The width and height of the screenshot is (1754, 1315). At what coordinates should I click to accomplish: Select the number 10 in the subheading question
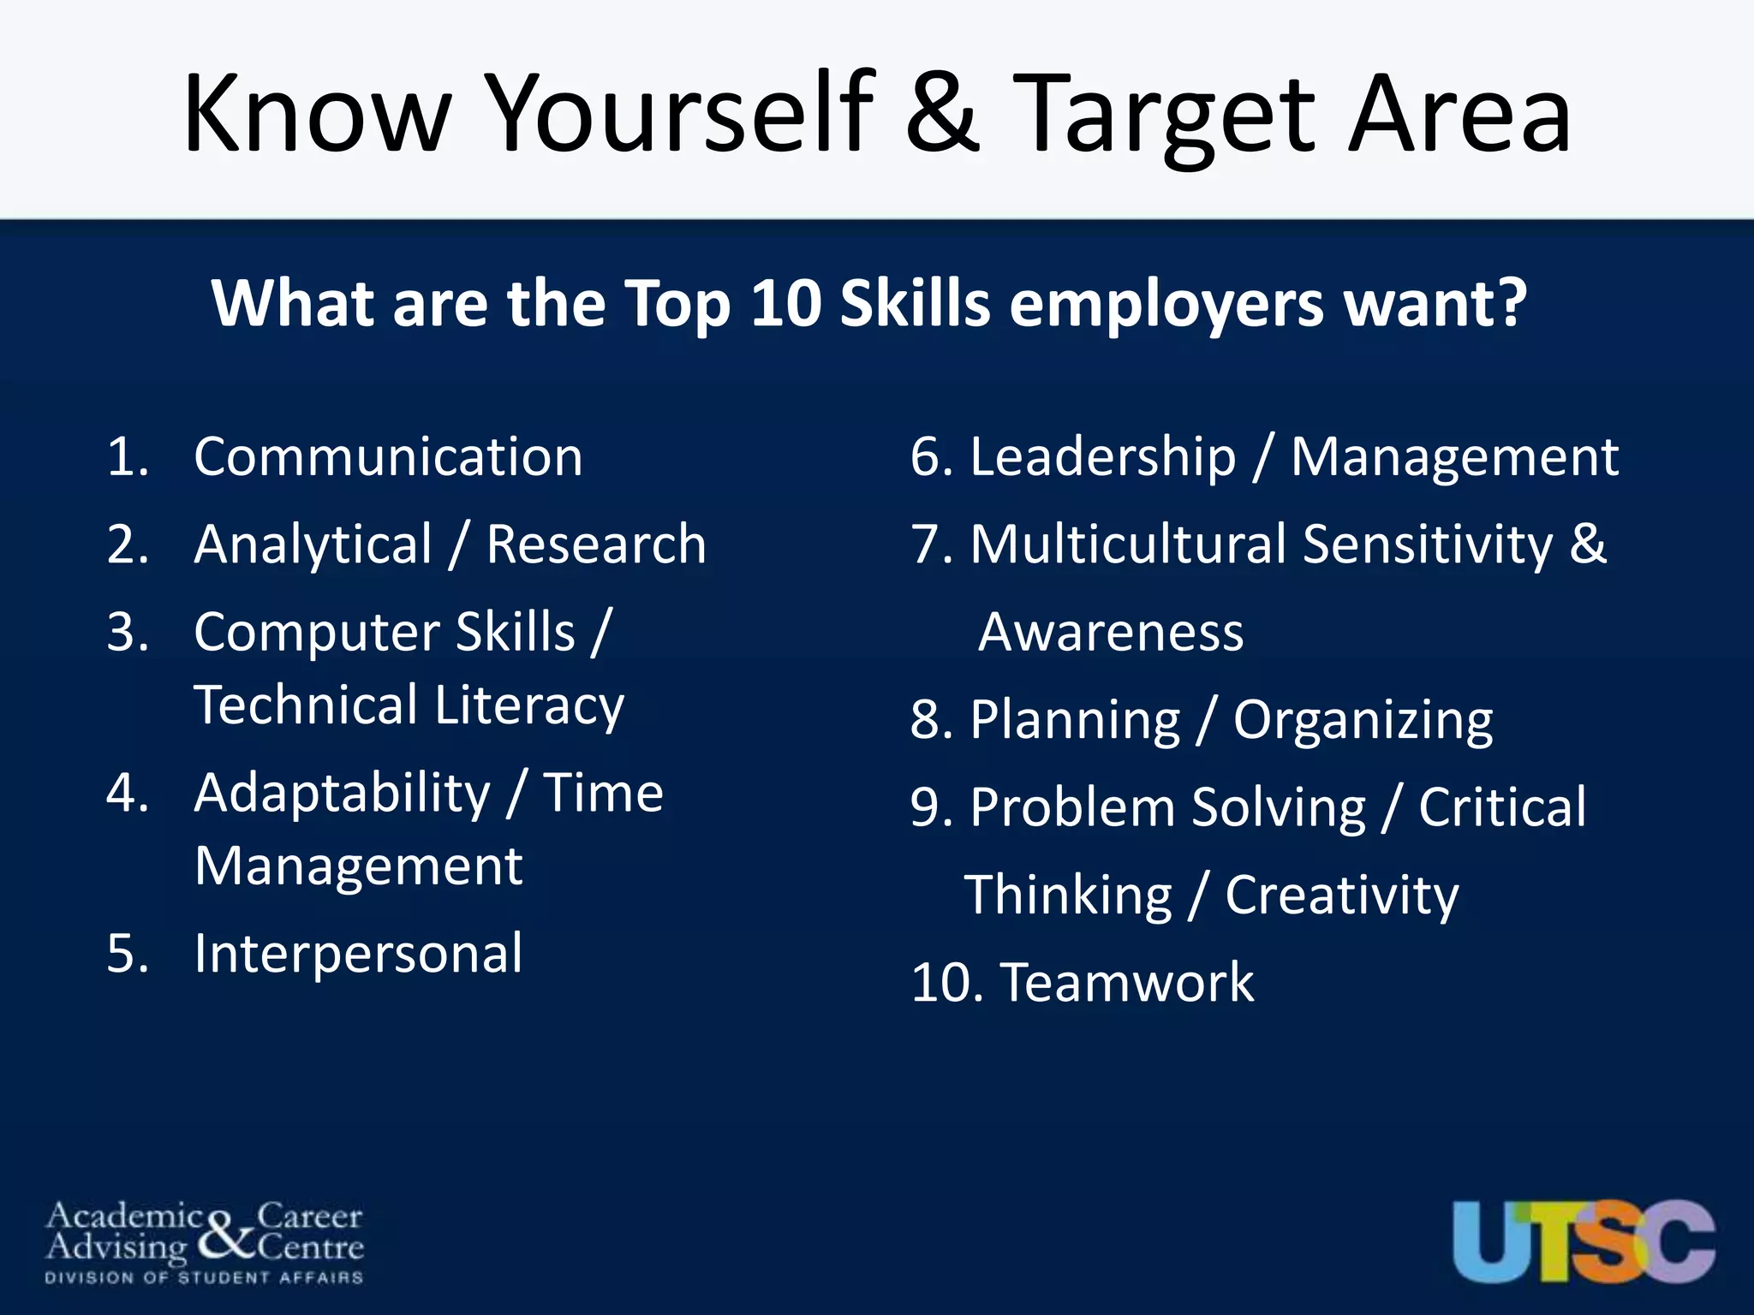(785, 303)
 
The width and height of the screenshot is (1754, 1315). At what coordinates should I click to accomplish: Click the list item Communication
(388, 456)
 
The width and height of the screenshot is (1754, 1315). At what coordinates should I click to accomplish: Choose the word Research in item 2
(596, 544)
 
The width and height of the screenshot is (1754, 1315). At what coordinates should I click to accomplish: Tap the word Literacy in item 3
(528, 707)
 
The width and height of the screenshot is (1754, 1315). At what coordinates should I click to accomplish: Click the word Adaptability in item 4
(342, 794)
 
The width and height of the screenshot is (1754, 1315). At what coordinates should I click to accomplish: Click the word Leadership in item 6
(1103, 457)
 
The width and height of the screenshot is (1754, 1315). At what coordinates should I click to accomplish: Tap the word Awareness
(1111, 633)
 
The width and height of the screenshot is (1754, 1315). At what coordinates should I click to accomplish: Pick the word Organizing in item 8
(1363, 721)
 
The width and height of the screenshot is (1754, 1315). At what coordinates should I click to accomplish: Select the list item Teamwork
(1127, 982)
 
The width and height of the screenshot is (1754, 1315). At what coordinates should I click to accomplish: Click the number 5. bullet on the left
(128, 954)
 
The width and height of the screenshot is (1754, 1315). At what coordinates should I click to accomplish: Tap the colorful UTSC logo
(1583, 1241)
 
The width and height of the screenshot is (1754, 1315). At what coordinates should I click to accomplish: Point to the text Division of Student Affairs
(204, 1278)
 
